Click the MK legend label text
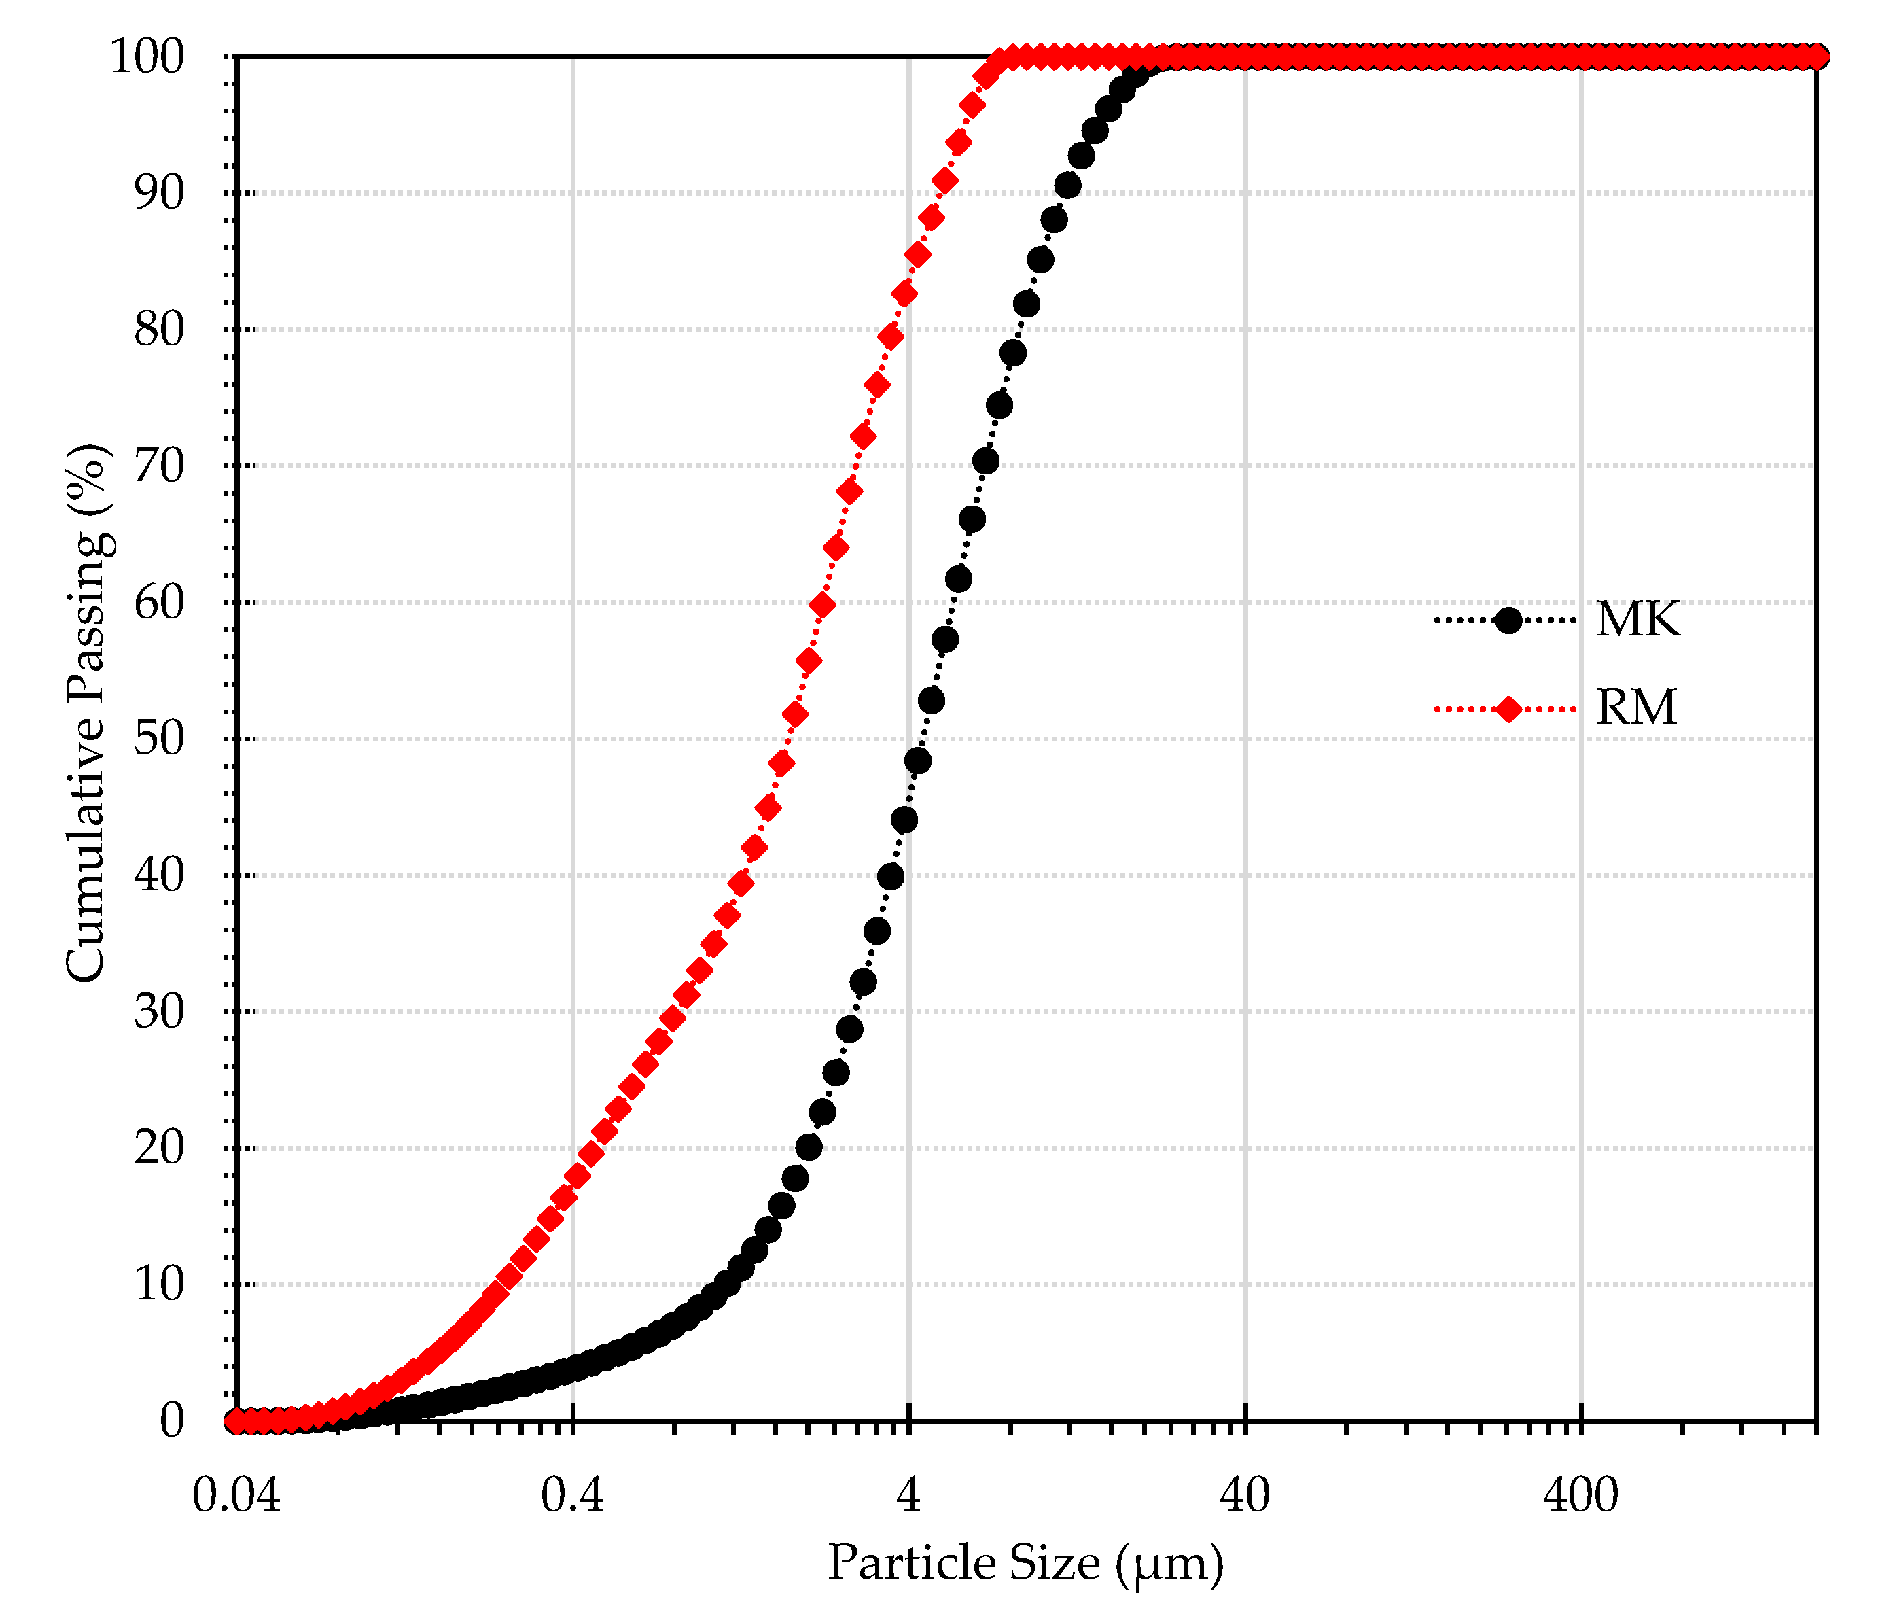pyautogui.click(x=1637, y=620)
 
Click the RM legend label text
pyautogui.click(x=1636, y=707)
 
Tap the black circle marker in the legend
pyautogui.click(x=1508, y=620)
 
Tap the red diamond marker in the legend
pyautogui.click(x=1508, y=708)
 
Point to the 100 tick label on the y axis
pyautogui.click(x=147, y=56)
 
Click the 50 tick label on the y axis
pyautogui.click(x=159, y=738)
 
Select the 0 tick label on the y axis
pyautogui.click(x=171, y=1420)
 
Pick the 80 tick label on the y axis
pyautogui.click(x=159, y=330)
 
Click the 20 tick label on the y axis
pyautogui.click(x=159, y=1147)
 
